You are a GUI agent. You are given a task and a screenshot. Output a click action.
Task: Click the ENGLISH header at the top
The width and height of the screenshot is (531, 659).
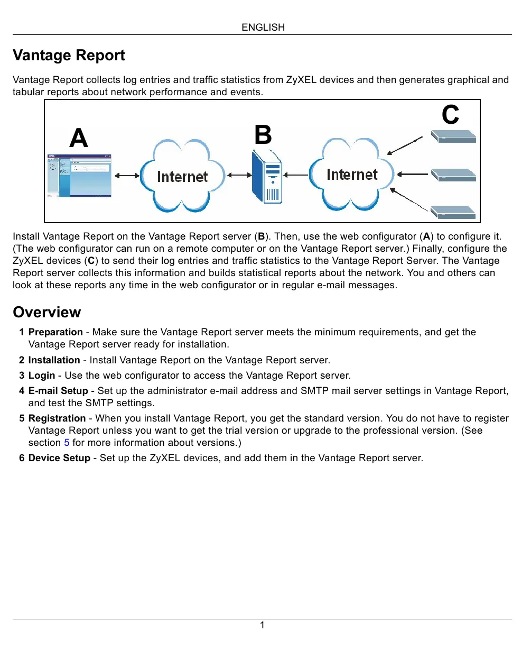point(263,28)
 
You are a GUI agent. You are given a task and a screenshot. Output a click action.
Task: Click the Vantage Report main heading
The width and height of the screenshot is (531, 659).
point(69,56)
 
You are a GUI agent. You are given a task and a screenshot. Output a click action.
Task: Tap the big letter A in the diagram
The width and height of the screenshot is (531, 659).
point(79,138)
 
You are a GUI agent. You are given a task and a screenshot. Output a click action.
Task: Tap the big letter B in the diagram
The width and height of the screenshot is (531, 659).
point(263,135)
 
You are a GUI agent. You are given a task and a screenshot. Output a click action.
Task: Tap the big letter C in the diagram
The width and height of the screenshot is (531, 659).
point(450,115)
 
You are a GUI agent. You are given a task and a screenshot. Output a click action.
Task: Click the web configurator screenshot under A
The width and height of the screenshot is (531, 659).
point(79,176)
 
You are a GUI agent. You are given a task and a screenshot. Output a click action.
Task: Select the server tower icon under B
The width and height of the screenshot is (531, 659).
point(267,177)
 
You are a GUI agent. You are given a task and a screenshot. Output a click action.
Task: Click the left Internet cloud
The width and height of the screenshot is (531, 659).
point(182,176)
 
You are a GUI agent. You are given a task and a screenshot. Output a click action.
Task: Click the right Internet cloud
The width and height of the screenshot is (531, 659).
point(352,175)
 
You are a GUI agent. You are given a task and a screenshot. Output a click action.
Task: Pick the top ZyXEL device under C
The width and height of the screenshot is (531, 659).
point(453,137)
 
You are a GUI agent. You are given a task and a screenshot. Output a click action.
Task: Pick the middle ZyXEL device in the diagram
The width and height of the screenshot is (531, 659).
point(453,175)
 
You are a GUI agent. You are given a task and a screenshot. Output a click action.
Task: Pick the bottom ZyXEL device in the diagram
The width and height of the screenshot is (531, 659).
point(453,212)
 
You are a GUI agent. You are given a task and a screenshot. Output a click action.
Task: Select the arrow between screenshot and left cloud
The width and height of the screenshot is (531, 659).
point(127,176)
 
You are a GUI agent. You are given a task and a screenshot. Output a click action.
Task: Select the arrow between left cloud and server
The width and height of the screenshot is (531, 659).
point(239,175)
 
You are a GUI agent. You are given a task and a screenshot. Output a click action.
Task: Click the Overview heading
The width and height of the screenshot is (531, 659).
point(47,313)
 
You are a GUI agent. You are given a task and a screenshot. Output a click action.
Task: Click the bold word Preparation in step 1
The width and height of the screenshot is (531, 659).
point(55,332)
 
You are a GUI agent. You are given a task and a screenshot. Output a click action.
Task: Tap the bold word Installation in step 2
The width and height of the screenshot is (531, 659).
point(54,360)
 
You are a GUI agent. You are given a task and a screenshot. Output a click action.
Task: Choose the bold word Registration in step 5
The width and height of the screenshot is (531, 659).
point(57,418)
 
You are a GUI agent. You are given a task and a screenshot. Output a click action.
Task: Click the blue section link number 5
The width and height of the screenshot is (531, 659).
point(67,443)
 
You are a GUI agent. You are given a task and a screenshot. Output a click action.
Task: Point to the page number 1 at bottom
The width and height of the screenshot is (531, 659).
point(262,625)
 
